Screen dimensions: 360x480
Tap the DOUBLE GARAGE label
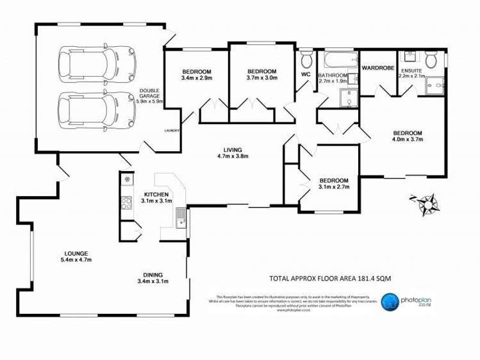coord(150,96)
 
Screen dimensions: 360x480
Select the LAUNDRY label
coord(171,131)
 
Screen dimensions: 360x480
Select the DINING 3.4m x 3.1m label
coord(153,277)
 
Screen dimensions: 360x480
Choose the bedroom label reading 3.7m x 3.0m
coord(261,74)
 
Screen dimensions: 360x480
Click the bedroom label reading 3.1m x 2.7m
coord(333,184)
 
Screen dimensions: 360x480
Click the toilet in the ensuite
coord(431,60)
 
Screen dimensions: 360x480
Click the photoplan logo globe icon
coord(390,302)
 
